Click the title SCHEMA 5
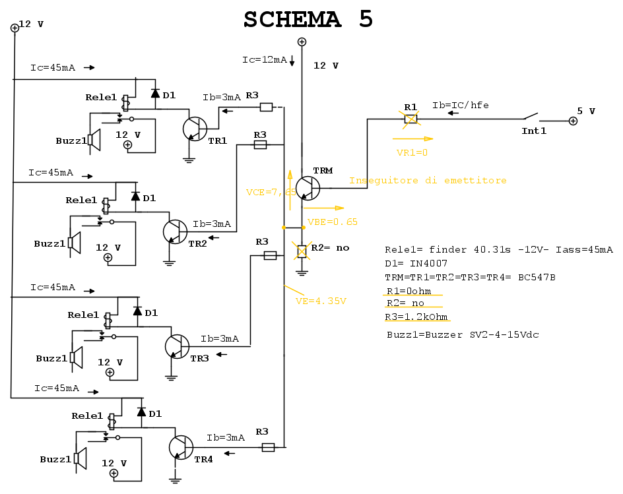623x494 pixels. pyautogui.click(x=308, y=20)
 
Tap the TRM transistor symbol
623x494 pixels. pyautogui.click(x=307, y=187)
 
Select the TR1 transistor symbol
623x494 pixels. pyautogui.click(x=195, y=129)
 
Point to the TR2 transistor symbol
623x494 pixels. pyautogui.click(x=175, y=232)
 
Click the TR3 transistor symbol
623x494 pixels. pyautogui.click(x=177, y=346)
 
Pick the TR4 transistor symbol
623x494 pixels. pyautogui.click(x=181, y=447)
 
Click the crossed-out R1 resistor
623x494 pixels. pyautogui.click(x=410, y=119)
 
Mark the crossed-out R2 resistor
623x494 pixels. pyautogui.click(x=302, y=251)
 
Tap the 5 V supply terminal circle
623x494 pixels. pyautogui.click(x=573, y=121)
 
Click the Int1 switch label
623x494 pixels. pyautogui.click(x=534, y=131)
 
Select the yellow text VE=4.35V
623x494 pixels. pyautogui.click(x=321, y=301)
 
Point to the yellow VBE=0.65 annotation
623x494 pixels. pyautogui.click(x=333, y=222)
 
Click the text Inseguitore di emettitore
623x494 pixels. pyautogui.click(x=428, y=180)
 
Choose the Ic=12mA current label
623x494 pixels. pyautogui.click(x=264, y=60)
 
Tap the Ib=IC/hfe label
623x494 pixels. pyautogui.click(x=460, y=105)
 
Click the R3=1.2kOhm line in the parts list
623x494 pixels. pyautogui.click(x=416, y=317)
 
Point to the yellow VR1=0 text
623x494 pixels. pyautogui.click(x=412, y=152)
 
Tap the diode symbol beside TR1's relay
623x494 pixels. pyautogui.click(x=155, y=94)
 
